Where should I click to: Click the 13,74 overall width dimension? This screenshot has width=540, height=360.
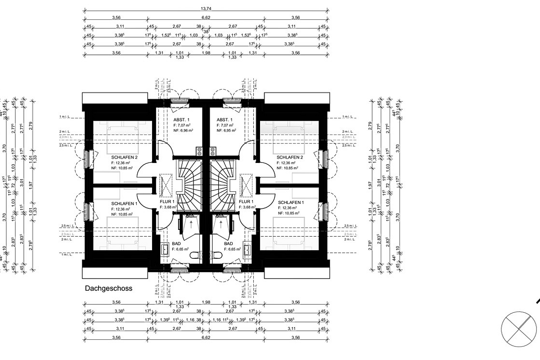[x=207, y=8]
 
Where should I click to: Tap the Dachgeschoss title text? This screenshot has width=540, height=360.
[x=108, y=289]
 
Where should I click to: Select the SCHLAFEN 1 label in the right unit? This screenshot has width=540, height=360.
[x=291, y=202]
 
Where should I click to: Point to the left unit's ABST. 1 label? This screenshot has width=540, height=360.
[x=182, y=119]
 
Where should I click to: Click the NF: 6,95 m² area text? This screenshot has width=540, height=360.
[x=226, y=130]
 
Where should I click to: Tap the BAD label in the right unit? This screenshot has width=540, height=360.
[x=229, y=243]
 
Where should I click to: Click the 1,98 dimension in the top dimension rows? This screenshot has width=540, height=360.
[x=207, y=53]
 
